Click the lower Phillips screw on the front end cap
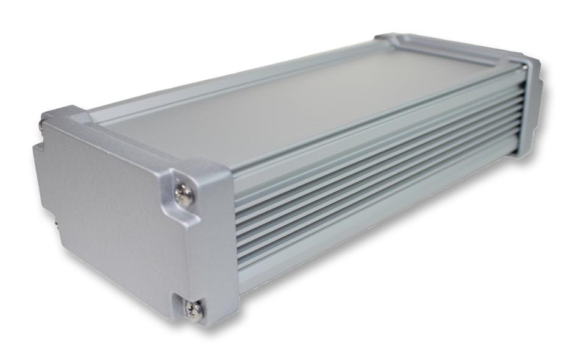pyautogui.click(x=196, y=311)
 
